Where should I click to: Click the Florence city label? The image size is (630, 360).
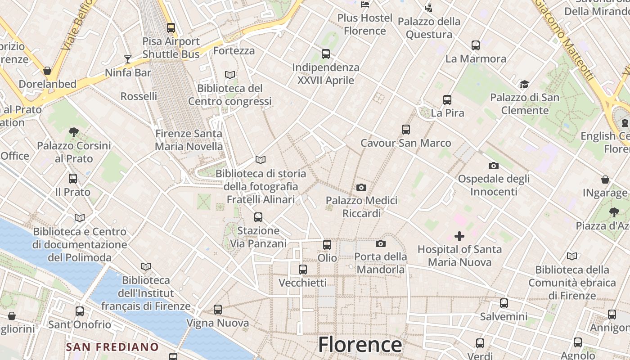[x=360, y=345]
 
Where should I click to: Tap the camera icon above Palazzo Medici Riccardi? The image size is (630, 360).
[x=361, y=187]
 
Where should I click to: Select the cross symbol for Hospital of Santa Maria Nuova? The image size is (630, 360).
[x=459, y=236]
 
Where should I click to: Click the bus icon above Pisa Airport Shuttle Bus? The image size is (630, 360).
[x=171, y=27]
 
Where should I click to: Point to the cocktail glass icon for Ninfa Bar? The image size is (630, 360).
[x=128, y=59]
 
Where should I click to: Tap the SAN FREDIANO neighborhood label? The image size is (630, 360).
[x=112, y=347]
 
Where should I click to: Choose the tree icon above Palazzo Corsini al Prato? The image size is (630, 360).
[x=74, y=132]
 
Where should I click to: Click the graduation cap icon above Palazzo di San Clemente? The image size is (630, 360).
[x=524, y=84]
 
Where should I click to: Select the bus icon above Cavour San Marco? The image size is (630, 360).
[x=406, y=130]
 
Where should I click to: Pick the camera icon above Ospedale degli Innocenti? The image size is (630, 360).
[x=494, y=166]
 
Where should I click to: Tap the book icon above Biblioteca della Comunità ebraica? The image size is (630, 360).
[x=572, y=256]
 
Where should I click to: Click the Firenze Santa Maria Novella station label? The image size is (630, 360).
[x=189, y=140]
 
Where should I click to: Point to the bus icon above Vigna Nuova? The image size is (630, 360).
[x=218, y=309]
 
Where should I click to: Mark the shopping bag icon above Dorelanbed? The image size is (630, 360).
[x=47, y=71]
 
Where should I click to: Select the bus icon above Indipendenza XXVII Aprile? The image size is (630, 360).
[x=326, y=54]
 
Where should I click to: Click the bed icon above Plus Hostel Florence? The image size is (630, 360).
[x=365, y=4]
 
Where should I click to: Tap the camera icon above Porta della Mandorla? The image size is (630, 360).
[x=381, y=243]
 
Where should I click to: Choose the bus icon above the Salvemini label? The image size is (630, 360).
[x=504, y=303]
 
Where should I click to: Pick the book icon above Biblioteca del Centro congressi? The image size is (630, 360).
[x=230, y=75]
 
